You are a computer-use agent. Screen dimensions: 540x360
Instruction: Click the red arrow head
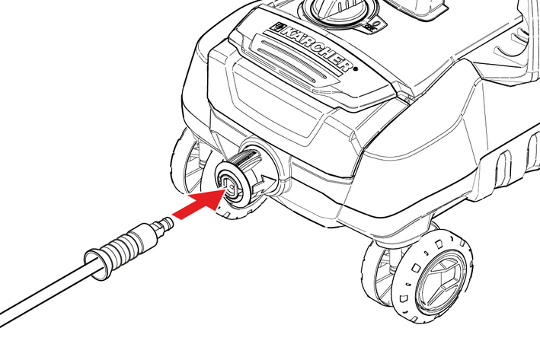tap(210, 199)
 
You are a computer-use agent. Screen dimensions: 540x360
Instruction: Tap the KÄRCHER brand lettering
tap(317, 47)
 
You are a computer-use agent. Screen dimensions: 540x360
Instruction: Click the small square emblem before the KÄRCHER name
tap(276, 27)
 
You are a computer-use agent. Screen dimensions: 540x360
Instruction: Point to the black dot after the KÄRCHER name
tap(356, 68)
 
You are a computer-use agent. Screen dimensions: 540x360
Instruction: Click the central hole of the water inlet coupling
tap(231, 186)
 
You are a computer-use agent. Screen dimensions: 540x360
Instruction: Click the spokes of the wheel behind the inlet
tap(193, 165)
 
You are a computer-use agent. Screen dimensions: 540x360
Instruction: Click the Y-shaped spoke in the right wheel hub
tap(440, 281)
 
